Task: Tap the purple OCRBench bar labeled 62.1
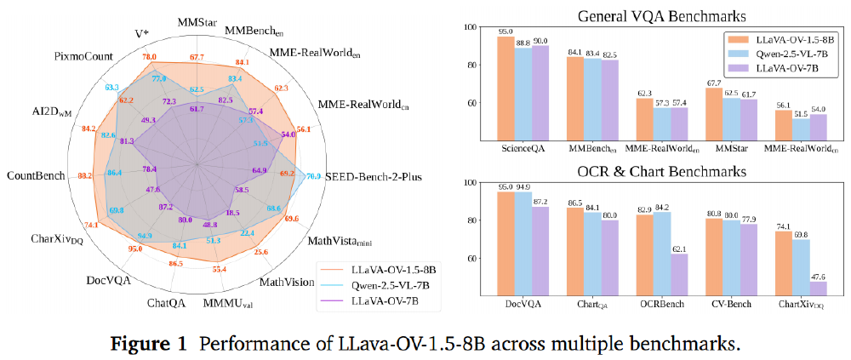tap(679, 273)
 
